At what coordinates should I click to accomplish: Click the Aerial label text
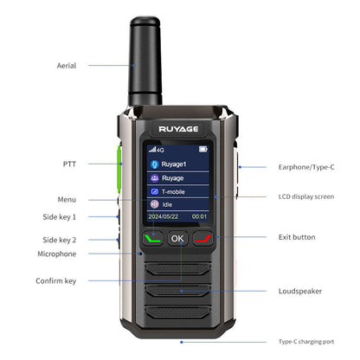[x=67, y=66]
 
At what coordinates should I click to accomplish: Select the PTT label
[x=69, y=163]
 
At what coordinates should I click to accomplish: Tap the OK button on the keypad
[x=177, y=238]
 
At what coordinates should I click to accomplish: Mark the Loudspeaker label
[x=300, y=291]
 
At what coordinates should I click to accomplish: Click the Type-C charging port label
[x=306, y=343]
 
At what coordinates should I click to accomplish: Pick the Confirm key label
[x=56, y=280]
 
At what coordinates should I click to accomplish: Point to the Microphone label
[x=57, y=254]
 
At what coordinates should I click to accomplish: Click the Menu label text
[x=67, y=200]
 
